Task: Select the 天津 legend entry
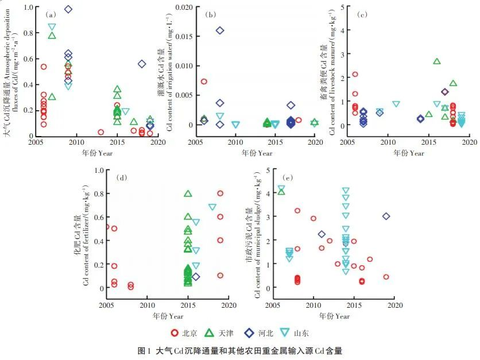point(231,332)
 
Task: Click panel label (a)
point(51,15)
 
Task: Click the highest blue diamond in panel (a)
point(68,9)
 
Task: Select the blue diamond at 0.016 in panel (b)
point(220,30)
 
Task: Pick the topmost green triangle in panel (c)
point(437,61)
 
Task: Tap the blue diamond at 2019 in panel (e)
point(386,216)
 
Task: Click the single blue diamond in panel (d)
point(196,277)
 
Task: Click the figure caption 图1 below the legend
point(239,350)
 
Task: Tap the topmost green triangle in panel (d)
point(188,193)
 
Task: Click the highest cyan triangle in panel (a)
point(52,26)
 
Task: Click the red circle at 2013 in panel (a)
point(101,132)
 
